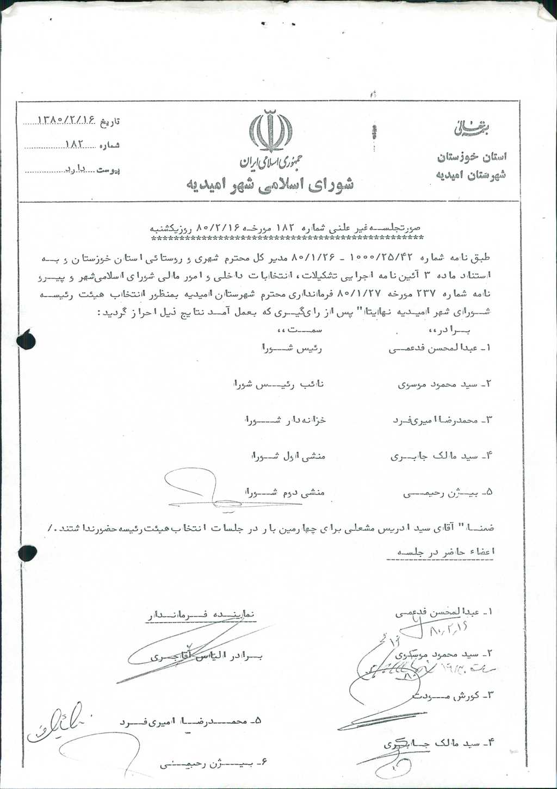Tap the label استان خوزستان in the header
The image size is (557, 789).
(472, 158)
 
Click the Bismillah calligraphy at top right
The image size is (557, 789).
(471, 129)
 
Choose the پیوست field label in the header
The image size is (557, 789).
(108, 170)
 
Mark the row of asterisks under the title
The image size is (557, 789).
(287, 238)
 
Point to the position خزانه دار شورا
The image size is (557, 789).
(285, 420)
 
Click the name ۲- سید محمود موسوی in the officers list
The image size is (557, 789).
(444, 384)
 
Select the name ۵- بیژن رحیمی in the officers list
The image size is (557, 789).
(448, 493)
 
